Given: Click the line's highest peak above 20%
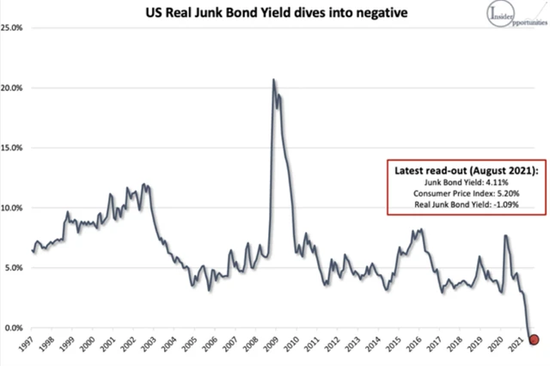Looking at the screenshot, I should click(273, 80).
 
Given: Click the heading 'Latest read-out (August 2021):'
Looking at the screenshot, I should click(467, 169).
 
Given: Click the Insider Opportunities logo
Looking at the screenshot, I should click(512, 17).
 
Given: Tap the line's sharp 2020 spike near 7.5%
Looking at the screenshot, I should click(505, 235).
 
